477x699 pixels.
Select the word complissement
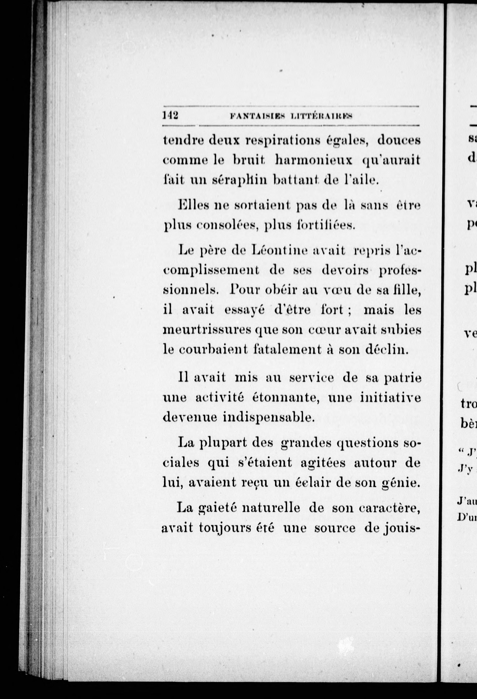pos(211,270)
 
